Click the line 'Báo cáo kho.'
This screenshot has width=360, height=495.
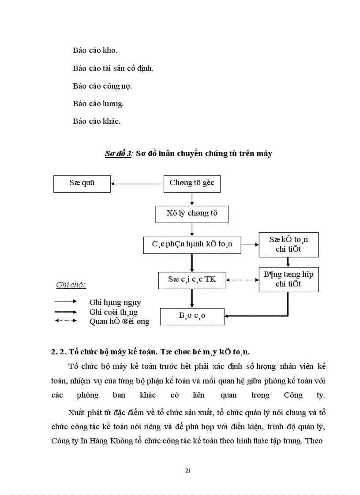(95, 50)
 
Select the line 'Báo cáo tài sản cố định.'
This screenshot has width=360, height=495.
(113, 68)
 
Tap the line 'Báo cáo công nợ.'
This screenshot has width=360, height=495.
(102, 86)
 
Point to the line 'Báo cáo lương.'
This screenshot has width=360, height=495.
(98, 104)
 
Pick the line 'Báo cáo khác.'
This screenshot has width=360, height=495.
(97, 121)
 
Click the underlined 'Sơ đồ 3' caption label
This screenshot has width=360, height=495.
(118, 153)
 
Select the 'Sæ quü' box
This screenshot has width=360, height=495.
(82, 183)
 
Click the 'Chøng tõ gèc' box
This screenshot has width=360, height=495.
(192, 183)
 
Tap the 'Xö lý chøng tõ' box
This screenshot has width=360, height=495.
(192, 214)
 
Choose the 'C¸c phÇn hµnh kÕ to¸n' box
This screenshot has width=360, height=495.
(192, 245)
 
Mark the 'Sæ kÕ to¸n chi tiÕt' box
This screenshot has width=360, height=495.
(289, 245)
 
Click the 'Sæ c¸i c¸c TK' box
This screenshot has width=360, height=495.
(192, 279)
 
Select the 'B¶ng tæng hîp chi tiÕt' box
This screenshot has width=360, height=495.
(289, 279)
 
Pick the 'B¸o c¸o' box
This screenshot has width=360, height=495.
(192, 316)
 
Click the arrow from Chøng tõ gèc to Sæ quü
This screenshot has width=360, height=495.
(137, 183)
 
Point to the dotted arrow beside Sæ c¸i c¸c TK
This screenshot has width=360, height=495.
(242, 279)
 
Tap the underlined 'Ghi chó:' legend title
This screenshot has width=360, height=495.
(71, 285)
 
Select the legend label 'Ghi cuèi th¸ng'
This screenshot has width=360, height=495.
(113, 312)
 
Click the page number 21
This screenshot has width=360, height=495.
(187, 471)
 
